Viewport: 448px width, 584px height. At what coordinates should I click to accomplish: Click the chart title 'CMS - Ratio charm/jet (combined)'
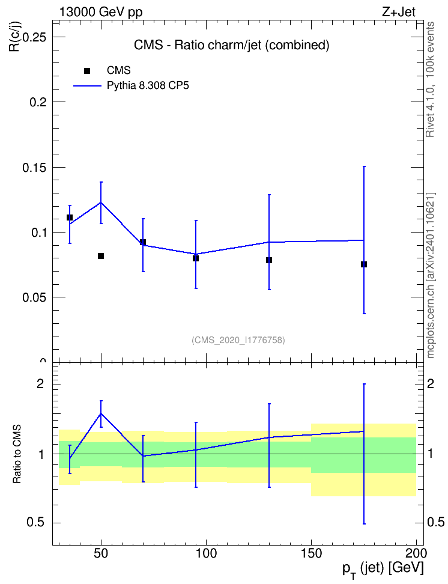pyautogui.click(x=232, y=45)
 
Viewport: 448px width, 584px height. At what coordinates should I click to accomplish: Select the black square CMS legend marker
pyautogui.click(x=86, y=71)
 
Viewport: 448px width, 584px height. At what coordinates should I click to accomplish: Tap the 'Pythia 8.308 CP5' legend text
pyautogui.click(x=148, y=86)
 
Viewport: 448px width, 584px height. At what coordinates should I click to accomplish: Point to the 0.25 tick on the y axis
pyautogui.click(x=35, y=37)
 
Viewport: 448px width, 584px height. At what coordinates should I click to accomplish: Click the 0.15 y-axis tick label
pyautogui.click(x=35, y=168)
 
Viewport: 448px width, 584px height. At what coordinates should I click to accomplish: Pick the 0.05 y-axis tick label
pyautogui.click(x=35, y=297)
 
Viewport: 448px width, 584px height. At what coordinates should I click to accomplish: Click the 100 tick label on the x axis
pyautogui.click(x=207, y=553)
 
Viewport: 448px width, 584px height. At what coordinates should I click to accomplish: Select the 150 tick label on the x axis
pyautogui.click(x=311, y=553)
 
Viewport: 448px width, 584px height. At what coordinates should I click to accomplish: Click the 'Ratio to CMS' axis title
pyautogui.click(x=17, y=454)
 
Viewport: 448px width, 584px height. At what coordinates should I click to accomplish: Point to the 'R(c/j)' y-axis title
pyautogui.click(x=14, y=36)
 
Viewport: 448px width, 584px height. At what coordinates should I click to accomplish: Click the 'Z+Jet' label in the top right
pyautogui.click(x=398, y=12)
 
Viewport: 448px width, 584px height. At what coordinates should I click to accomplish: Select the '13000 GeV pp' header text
pyautogui.click(x=101, y=13)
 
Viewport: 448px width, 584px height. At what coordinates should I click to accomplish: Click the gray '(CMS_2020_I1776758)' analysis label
pyautogui.click(x=238, y=340)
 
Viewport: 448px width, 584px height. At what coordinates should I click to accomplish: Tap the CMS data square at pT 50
pyautogui.click(x=100, y=256)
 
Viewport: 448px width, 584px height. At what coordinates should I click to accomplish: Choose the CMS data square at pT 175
pyautogui.click(x=364, y=264)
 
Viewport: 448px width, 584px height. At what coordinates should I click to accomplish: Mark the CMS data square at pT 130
pyautogui.click(x=269, y=260)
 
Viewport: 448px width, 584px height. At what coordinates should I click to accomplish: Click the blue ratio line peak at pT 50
pyautogui.click(x=100, y=413)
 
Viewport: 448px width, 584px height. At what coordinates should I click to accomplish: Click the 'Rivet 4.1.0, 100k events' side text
pyautogui.click(x=430, y=79)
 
